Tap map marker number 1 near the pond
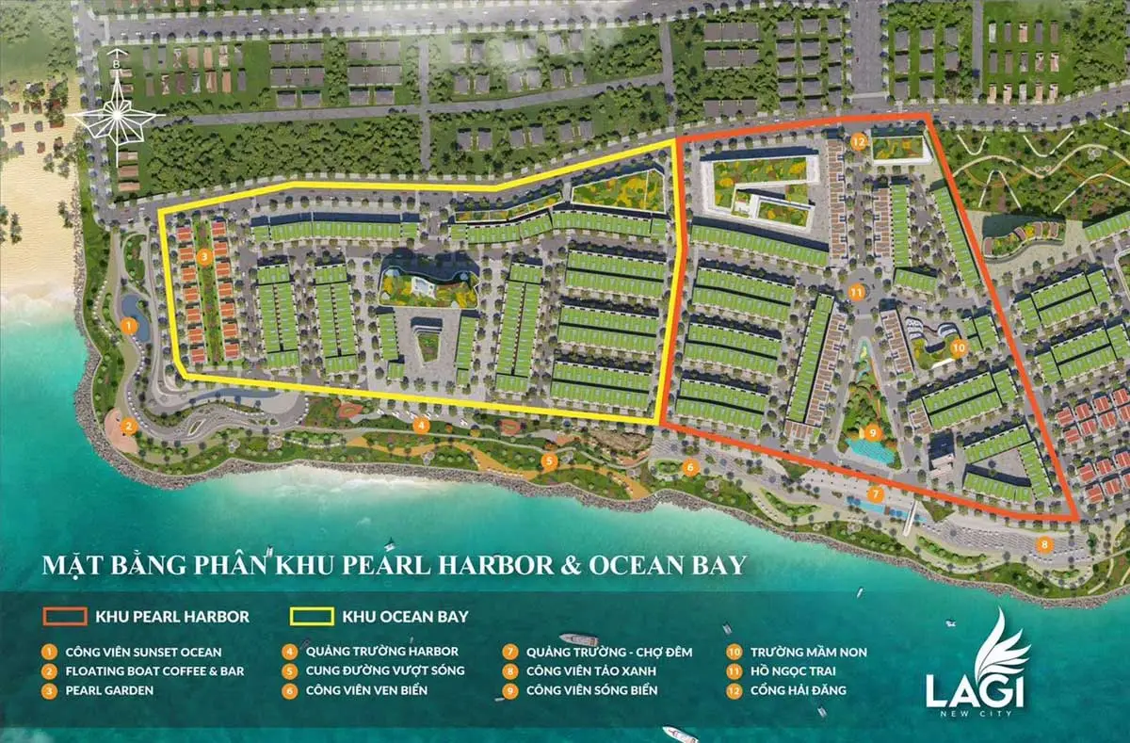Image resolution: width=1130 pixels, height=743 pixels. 130,328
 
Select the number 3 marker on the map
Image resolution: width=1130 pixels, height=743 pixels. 205,256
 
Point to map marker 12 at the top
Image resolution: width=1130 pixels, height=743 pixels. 858,141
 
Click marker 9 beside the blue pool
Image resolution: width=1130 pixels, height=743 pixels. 873,432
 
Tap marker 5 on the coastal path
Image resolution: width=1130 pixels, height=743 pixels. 549,460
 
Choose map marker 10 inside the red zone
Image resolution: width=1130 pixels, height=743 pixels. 958,347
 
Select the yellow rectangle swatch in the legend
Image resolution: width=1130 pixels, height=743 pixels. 311,618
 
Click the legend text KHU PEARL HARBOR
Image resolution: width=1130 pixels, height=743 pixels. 172,618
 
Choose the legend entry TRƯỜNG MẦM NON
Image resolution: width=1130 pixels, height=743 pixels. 809,652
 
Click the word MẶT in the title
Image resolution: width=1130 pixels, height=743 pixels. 71,566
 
